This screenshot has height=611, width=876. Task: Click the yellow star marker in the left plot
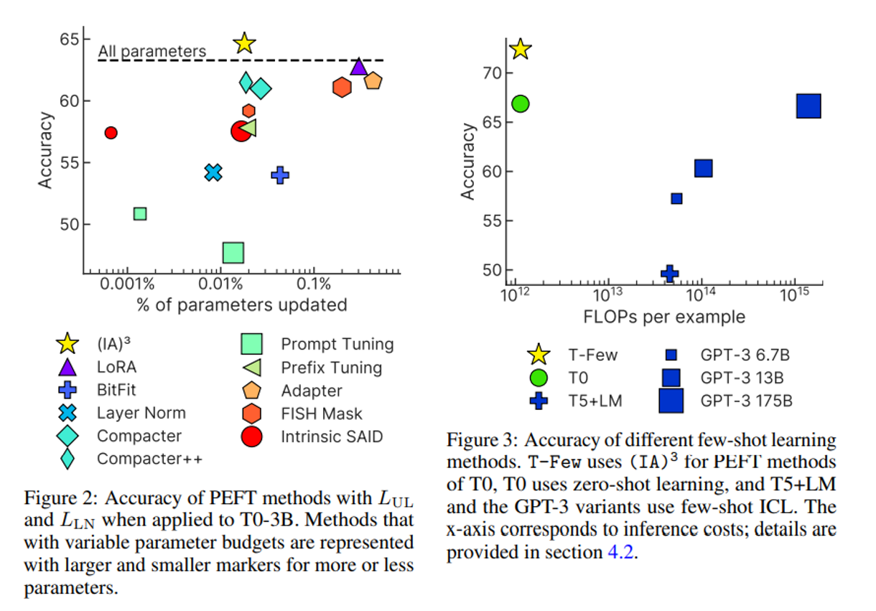(244, 43)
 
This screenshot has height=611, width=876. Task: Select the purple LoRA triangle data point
(358, 67)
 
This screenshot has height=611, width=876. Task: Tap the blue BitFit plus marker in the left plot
(280, 174)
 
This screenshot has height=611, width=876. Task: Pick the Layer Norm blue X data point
(213, 172)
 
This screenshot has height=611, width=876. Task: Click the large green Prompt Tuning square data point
(233, 253)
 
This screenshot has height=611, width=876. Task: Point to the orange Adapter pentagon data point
(373, 80)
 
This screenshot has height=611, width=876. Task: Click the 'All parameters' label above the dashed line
(152, 52)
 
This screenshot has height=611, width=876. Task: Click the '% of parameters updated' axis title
(242, 305)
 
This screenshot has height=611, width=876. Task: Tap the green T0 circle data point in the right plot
(521, 103)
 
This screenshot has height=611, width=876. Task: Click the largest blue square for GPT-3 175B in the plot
(809, 106)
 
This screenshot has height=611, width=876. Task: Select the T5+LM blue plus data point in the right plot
(669, 273)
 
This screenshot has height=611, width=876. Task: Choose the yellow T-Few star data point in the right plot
(520, 49)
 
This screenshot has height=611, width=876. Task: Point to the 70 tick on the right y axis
(493, 73)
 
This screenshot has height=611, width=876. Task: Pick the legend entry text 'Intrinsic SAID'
(332, 436)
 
